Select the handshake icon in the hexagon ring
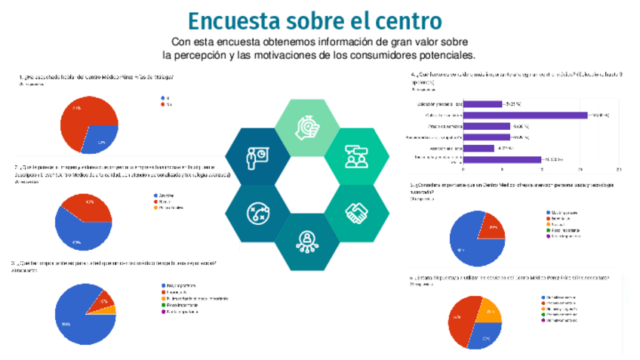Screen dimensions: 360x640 pyautogui.click(x=356, y=214)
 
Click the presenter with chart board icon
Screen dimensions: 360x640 pyautogui.click(x=256, y=156)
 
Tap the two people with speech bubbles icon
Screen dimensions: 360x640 pyautogui.click(x=355, y=156)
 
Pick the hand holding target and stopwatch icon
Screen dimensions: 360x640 pyautogui.click(x=306, y=128)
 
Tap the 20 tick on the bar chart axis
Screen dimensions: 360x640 pyautogui.click(x=618, y=170)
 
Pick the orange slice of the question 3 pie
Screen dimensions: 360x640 pyautogui.click(x=109, y=309)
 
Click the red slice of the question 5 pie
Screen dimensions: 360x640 pyautogui.click(x=491, y=226)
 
